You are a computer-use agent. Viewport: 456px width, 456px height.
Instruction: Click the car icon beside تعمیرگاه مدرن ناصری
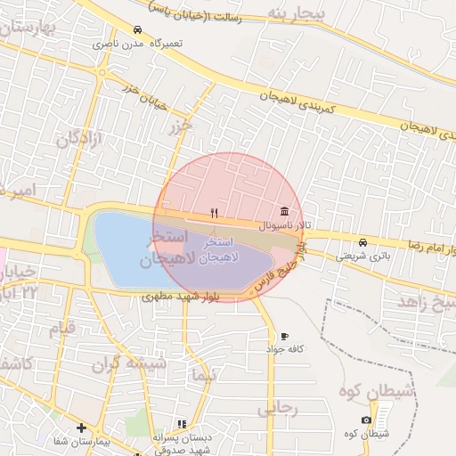click(x=136, y=29)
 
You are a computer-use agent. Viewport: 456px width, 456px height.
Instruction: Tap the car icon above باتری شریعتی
click(x=362, y=242)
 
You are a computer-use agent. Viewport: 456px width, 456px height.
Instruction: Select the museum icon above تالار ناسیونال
click(x=284, y=211)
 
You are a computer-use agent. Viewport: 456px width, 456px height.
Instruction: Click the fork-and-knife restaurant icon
click(x=214, y=213)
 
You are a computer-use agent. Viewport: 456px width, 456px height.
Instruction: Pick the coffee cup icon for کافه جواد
click(x=284, y=336)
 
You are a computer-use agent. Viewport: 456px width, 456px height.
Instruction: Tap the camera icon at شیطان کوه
click(x=366, y=420)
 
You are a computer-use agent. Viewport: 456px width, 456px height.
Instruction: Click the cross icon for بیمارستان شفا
click(x=81, y=428)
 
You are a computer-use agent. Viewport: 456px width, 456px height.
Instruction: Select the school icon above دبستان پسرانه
click(x=182, y=424)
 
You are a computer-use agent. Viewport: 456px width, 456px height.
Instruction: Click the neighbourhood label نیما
click(x=204, y=377)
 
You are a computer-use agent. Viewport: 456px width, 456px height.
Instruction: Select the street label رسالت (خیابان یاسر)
click(x=197, y=13)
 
